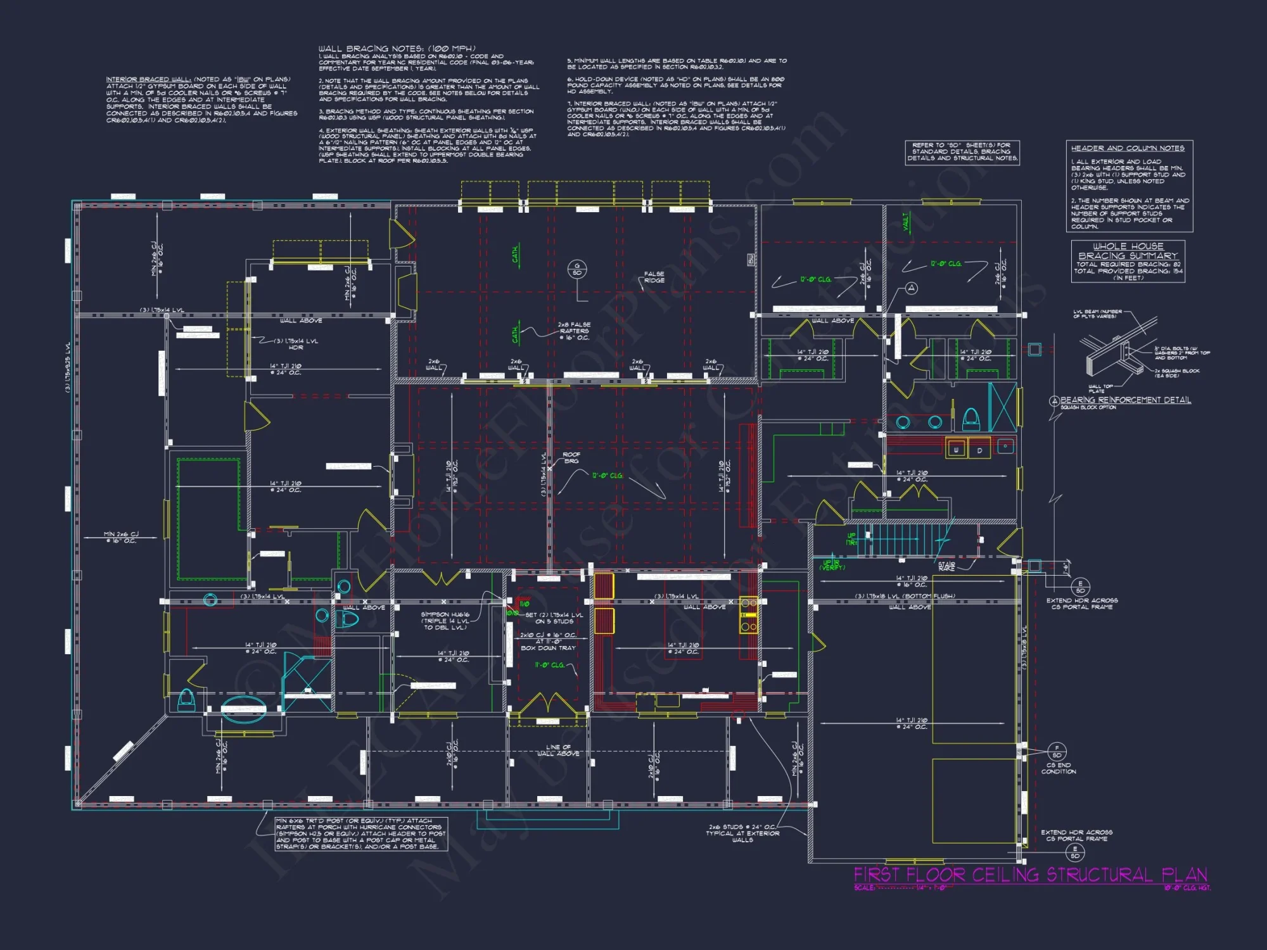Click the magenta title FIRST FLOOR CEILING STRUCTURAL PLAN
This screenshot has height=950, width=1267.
coord(1030,875)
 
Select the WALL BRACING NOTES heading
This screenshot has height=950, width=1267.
coord(397,49)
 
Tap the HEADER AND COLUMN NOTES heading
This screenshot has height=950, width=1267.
coord(1128,148)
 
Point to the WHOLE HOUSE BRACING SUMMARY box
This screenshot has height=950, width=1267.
coord(1128,261)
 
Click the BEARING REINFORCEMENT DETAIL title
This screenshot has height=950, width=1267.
coord(1125,400)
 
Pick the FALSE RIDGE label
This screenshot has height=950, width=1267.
coord(654,277)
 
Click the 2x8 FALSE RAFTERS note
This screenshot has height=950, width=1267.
coord(574,331)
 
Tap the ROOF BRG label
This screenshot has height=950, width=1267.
coord(571,457)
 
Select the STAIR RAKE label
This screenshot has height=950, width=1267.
coord(946,566)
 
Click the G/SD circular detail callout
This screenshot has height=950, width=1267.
coord(576,269)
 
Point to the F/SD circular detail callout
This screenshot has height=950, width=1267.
coord(1057,752)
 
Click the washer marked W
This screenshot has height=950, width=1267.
coord(956,450)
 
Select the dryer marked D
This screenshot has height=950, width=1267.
coord(979,450)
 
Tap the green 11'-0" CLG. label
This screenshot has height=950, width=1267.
coord(549,665)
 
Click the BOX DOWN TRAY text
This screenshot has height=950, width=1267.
coord(548,648)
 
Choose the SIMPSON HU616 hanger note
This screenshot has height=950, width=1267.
coord(445,621)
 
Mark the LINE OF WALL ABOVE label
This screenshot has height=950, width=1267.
coord(558,750)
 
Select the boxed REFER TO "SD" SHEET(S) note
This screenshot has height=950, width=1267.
coord(962,152)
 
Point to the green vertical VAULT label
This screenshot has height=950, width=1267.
coord(906,222)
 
